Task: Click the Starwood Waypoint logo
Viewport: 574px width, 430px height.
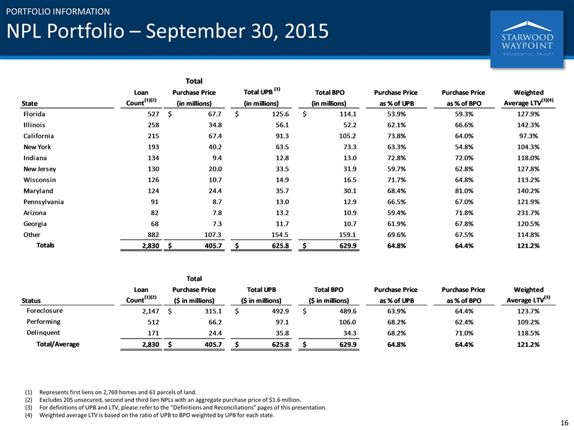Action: [527, 39]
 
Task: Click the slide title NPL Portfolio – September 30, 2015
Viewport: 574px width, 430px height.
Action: [167, 30]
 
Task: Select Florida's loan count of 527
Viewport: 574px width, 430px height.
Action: [153, 114]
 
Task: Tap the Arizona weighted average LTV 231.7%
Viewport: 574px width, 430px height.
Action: [528, 213]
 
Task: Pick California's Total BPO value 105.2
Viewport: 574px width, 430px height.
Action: [347, 136]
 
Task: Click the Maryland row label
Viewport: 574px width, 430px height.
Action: [38, 191]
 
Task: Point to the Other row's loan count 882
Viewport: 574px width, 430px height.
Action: [153, 235]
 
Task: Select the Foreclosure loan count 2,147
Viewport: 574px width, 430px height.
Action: [151, 311]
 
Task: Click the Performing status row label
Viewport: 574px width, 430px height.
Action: [43, 322]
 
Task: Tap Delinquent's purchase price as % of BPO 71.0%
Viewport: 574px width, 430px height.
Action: [464, 333]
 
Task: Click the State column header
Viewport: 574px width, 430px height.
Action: [30, 103]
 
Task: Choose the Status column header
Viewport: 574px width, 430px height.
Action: [31, 300]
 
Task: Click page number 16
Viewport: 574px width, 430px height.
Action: [564, 423]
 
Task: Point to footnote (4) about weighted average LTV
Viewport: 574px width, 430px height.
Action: [149, 415]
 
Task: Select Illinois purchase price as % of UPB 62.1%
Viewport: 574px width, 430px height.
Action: [396, 125]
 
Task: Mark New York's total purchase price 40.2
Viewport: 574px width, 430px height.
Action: [215, 147]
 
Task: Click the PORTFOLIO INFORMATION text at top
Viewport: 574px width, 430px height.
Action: [58, 12]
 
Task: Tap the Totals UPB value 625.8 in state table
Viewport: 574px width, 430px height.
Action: [280, 245]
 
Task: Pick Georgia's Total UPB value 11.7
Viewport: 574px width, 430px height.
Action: [282, 224]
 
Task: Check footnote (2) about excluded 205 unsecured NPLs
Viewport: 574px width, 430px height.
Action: [163, 400]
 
